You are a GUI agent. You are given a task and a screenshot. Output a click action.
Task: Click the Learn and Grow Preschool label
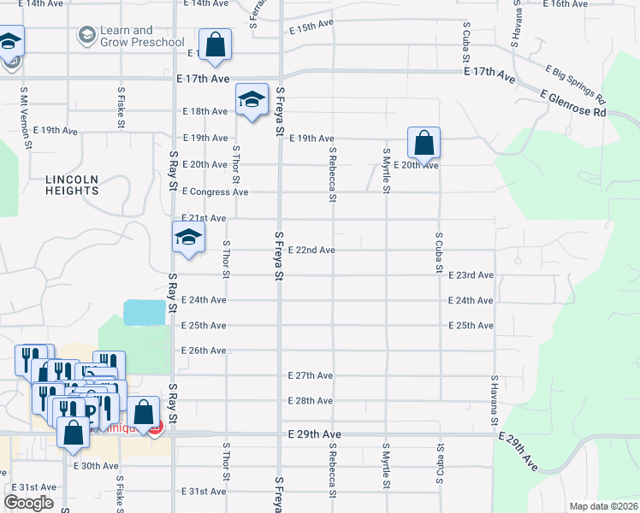pos(142,36)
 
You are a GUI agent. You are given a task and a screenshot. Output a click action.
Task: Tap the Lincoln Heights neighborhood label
pos(73,185)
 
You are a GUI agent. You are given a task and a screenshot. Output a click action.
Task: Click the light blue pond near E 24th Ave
pos(145,312)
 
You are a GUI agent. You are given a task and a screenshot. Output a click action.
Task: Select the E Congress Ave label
pos(215,192)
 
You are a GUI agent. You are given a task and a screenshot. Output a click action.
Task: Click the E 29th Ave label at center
pos(315,435)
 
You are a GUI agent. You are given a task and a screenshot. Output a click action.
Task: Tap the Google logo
pos(28,503)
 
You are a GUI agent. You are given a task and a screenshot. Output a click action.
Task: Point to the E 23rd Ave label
pos(471,275)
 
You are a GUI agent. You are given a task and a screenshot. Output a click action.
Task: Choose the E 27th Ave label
pos(311,375)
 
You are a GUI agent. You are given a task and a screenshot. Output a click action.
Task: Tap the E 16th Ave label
pos(566,4)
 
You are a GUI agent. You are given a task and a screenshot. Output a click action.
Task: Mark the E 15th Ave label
pos(311,27)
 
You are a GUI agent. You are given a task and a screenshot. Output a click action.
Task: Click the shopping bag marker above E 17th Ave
pos(215,46)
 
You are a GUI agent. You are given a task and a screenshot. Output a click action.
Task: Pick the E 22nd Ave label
pos(311,250)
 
